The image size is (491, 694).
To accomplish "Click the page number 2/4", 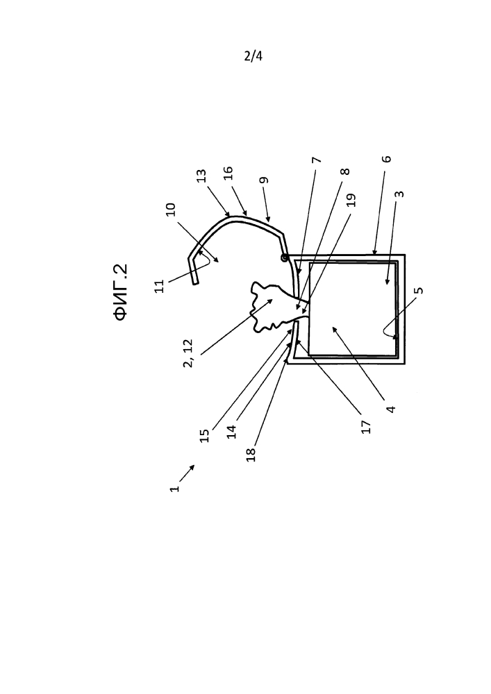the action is click(x=253, y=56).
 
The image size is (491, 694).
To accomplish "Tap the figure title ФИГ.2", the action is click(x=121, y=292).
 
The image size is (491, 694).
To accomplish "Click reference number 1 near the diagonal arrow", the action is click(x=175, y=488).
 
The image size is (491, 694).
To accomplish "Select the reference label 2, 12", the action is click(x=188, y=353).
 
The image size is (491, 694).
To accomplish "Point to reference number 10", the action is click(x=171, y=210).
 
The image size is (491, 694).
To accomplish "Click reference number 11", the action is click(x=160, y=286).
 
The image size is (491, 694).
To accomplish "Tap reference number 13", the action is click(x=202, y=176).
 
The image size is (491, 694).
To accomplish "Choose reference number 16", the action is click(x=228, y=173).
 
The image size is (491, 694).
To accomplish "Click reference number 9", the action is click(x=264, y=180).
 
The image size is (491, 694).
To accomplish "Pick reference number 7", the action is click(x=317, y=160).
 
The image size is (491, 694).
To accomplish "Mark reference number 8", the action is click(x=346, y=171).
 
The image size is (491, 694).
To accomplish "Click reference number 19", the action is click(x=351, y=200).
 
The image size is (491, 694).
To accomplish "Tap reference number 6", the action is click(x=387, y=158).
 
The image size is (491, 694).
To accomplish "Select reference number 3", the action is click(x=399, y=194).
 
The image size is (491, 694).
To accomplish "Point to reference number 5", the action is click(x=419, y=290).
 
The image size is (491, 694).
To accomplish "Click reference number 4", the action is click(x=390, y=409).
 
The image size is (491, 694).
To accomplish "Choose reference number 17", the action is click(x=366, y=427).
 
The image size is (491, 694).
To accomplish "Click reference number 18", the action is click(x=251, y=455).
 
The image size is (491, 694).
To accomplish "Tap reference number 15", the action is click(x=204, y=436).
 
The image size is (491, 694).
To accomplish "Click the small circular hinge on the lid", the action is click(x=285, y=257).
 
